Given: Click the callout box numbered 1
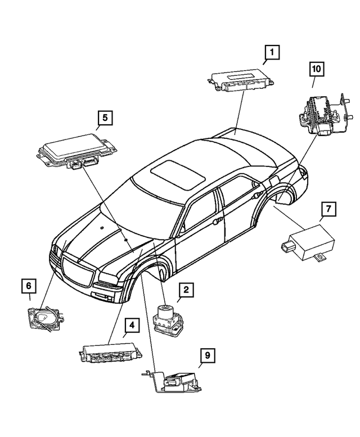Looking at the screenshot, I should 272,53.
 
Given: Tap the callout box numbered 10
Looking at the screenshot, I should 317,69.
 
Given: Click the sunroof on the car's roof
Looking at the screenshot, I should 179,173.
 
